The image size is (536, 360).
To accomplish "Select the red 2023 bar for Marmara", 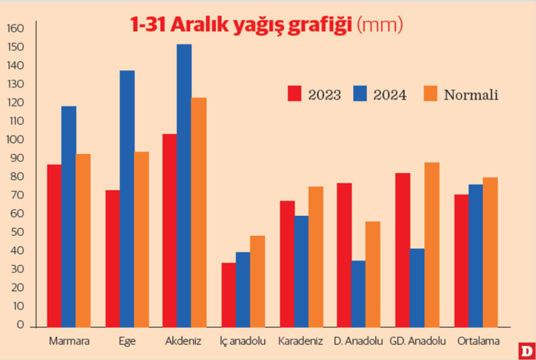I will [54, 245].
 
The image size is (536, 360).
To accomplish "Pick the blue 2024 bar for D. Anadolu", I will [358, 293].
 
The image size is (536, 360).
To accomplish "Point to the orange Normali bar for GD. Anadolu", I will [431, 244].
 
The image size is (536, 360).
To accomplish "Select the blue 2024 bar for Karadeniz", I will [301, 271].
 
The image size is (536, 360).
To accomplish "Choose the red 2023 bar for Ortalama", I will [461, 260].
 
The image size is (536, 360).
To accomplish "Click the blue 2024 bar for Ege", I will [127, 198].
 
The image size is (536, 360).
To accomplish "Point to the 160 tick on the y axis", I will [16, 29].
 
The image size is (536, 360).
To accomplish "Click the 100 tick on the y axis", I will [16, 140].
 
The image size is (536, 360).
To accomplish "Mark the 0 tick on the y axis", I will [21, 325].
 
